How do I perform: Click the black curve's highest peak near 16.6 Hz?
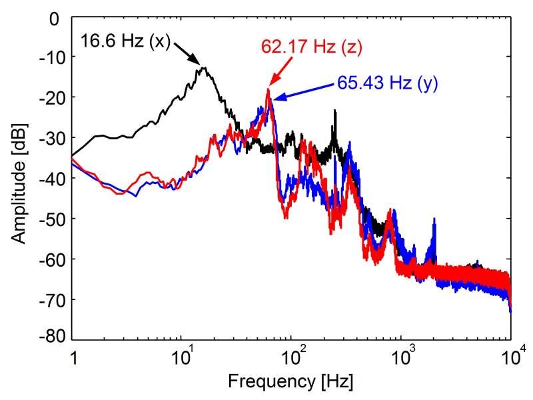point(203,67)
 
